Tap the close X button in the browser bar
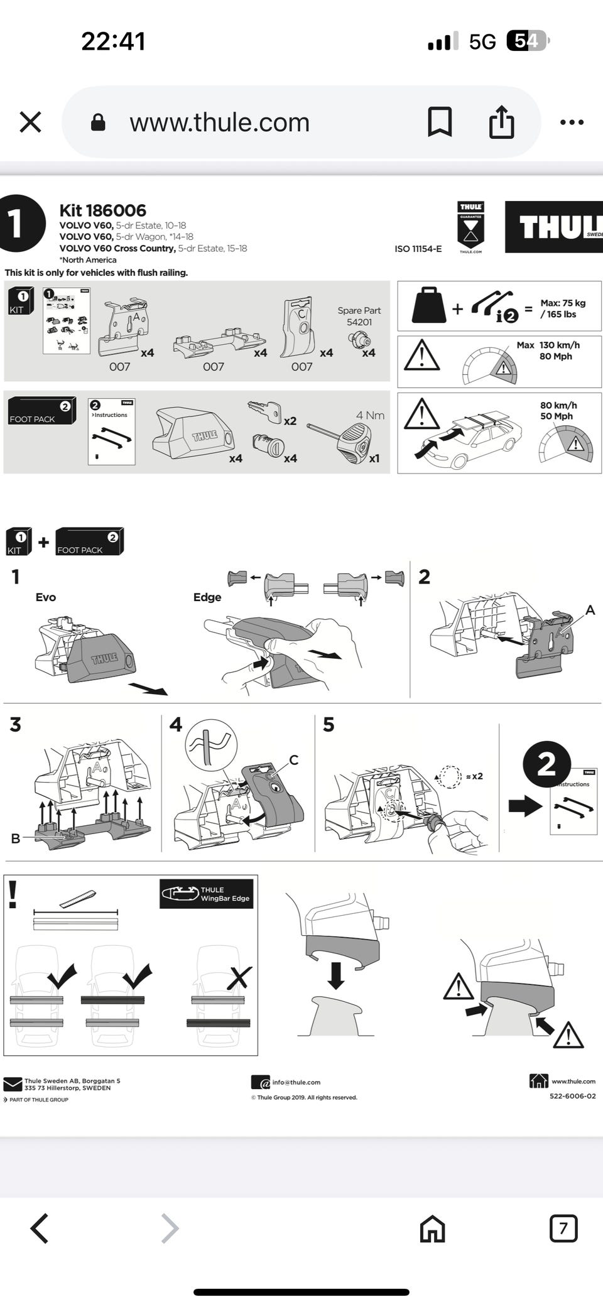30,122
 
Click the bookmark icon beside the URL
440,122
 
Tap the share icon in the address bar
501,122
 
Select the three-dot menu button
572,122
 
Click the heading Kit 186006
102,210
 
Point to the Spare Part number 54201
359,322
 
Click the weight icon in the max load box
429,306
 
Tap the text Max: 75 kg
563,303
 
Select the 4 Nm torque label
370,415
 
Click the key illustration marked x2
264,411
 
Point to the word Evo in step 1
45,597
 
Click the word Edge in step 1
207,597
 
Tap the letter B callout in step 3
15,838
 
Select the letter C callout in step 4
293,760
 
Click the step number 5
329,725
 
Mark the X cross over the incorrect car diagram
239,978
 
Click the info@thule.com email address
296,1082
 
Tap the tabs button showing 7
563,1228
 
